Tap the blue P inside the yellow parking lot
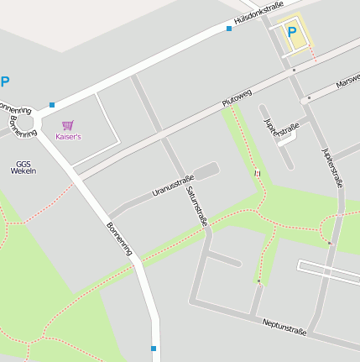point(292,33)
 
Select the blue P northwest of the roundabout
point(5,82)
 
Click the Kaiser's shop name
point(68,136)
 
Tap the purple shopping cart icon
point(68,125)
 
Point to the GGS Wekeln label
point(23,167)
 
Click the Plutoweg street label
point(237,97)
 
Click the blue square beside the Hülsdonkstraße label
point(228,29)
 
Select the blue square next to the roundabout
point(52,105)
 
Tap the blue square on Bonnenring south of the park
point(154,348)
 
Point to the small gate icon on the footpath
point(258,172)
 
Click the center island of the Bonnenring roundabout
point(22,112)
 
